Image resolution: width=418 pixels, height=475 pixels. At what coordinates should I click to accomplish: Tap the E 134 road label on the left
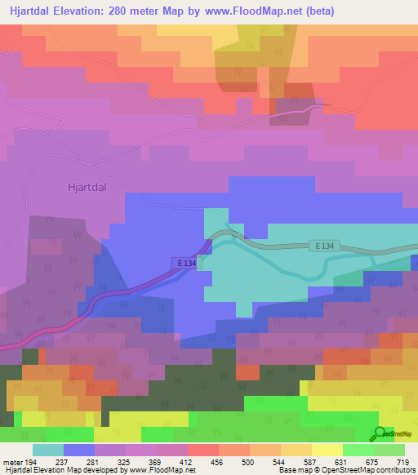[185, 262]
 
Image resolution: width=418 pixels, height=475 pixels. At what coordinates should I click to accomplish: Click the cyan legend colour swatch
[48, 450]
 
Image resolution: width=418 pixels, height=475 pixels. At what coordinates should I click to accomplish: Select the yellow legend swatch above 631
[327, 450]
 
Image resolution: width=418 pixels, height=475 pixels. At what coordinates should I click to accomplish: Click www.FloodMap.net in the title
[255, 11]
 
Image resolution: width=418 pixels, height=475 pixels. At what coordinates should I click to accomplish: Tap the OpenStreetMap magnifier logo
[380, 434]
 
